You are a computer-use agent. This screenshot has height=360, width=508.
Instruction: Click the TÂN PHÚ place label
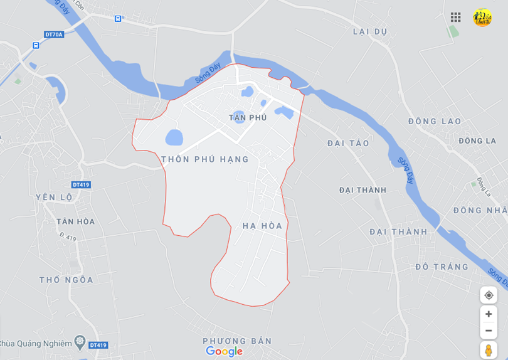tap(248, 118)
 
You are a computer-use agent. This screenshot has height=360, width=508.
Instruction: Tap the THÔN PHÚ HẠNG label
tap(205, 159)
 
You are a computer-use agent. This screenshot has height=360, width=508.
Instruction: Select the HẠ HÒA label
tap(262, 226)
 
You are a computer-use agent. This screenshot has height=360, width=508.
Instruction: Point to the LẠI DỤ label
tap(370, 32)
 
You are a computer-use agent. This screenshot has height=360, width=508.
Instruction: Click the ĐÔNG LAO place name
tap(434, 122)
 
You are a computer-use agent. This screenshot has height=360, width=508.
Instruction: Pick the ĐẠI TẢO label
tap(348, 144)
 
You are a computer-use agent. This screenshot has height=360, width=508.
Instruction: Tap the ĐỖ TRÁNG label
tap(442, 267)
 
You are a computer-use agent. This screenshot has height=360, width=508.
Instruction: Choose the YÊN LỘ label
tap(54, 198)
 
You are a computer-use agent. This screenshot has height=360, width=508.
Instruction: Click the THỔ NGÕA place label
tap(66, 280)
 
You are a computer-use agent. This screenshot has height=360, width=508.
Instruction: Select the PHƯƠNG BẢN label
tap(237, 341)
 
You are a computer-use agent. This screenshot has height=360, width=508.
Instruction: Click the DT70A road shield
tap(55, 34)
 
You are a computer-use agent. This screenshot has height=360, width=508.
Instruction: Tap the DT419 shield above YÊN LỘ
tap(81, 185)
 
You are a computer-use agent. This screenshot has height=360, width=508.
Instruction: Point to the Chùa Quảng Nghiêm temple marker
tap(80, 342)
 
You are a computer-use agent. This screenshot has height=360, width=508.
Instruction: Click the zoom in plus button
tap(489, 314)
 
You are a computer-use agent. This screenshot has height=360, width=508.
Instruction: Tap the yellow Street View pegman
tap(489, 350)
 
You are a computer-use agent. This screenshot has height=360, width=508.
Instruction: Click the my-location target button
tap(489, 295)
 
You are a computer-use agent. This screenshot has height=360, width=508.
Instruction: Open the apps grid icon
tap(456, 17)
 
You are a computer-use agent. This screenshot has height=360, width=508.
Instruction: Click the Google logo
tap(224, 352)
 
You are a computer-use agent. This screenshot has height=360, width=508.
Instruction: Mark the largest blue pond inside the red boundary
tap(174, 137)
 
